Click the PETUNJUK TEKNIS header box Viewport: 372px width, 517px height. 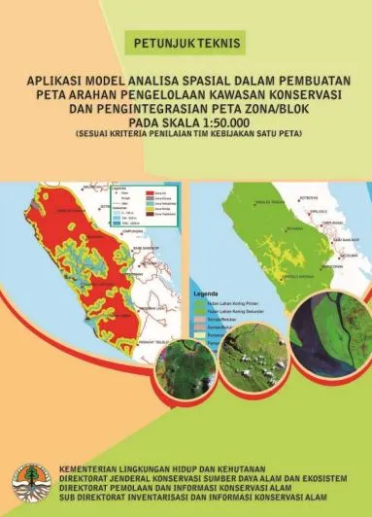pos(186,43)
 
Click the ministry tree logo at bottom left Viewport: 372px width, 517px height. pos(28,482)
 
